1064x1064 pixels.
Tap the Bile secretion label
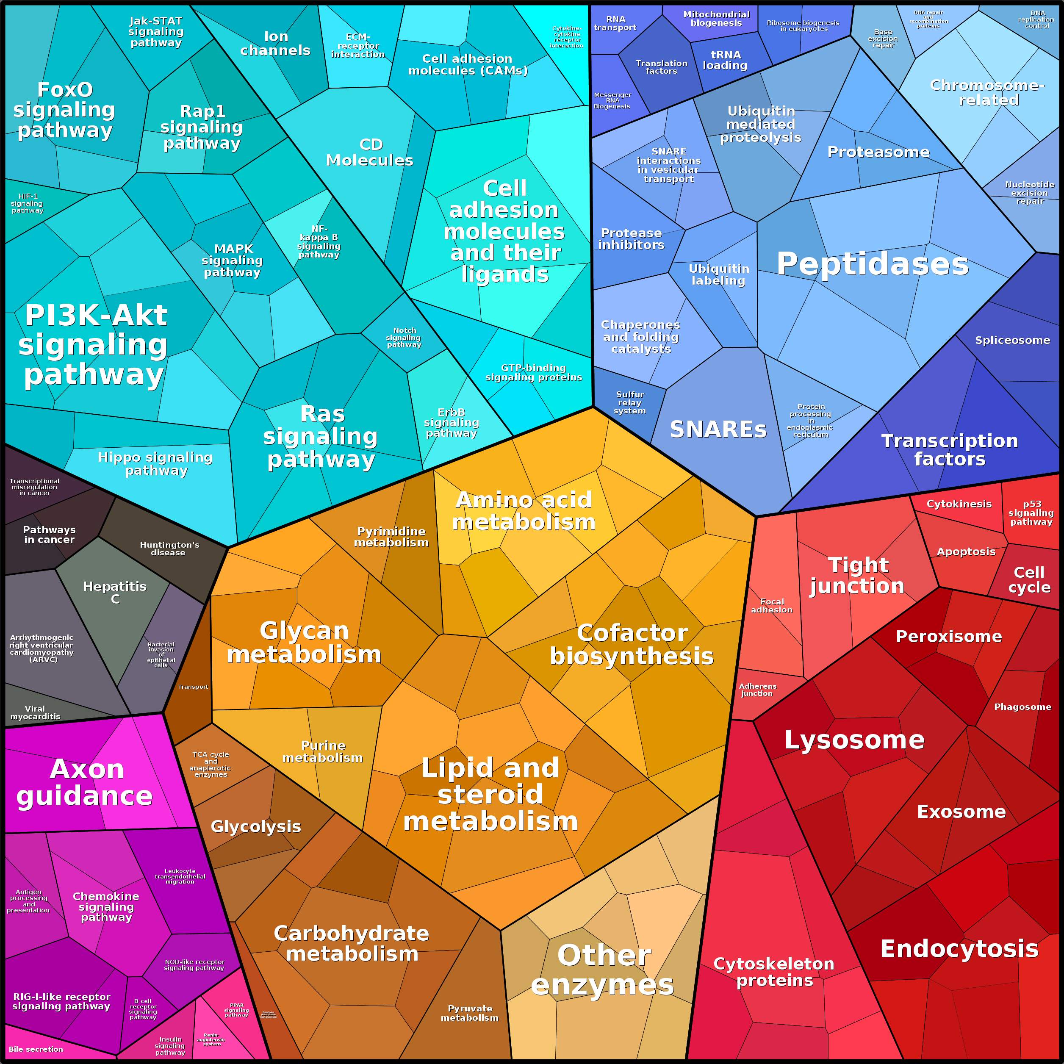36,1049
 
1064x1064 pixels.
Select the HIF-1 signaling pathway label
28,203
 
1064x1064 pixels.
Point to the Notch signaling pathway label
404,338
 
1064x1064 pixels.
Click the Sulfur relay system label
629,402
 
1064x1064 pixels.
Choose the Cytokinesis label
959,504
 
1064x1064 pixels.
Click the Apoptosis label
966,552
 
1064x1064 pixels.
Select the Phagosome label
1022,707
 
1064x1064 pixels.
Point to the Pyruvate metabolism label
470,1013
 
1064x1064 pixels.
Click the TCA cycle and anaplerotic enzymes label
211,765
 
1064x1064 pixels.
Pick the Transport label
193,687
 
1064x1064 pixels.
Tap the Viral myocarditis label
35,712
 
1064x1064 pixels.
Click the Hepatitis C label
114,593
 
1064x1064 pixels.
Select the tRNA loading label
725,60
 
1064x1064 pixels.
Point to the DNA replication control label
1037,19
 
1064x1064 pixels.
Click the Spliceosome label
1012,341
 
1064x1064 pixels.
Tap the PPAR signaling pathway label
236,1010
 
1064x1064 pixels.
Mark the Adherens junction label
758,690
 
